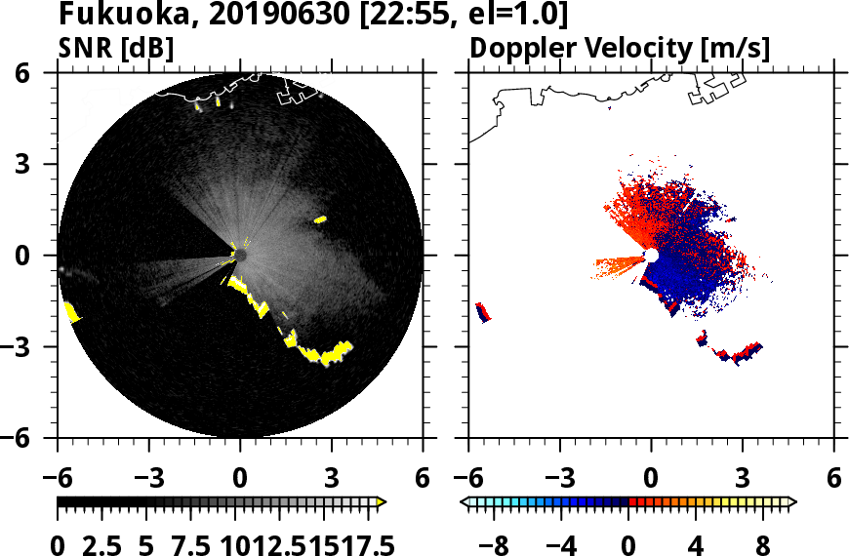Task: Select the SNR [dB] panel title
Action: (x=116, y=48)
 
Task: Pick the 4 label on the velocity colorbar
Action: (x=695, y=541)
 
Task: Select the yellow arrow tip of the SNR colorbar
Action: (x=382, y=501)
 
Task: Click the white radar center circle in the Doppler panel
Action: (x=651, y=256)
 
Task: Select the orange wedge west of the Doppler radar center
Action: (x=618, y=263)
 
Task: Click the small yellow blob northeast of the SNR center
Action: (x=320, y=219)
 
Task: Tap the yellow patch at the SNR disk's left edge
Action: (x=71, y=312)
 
